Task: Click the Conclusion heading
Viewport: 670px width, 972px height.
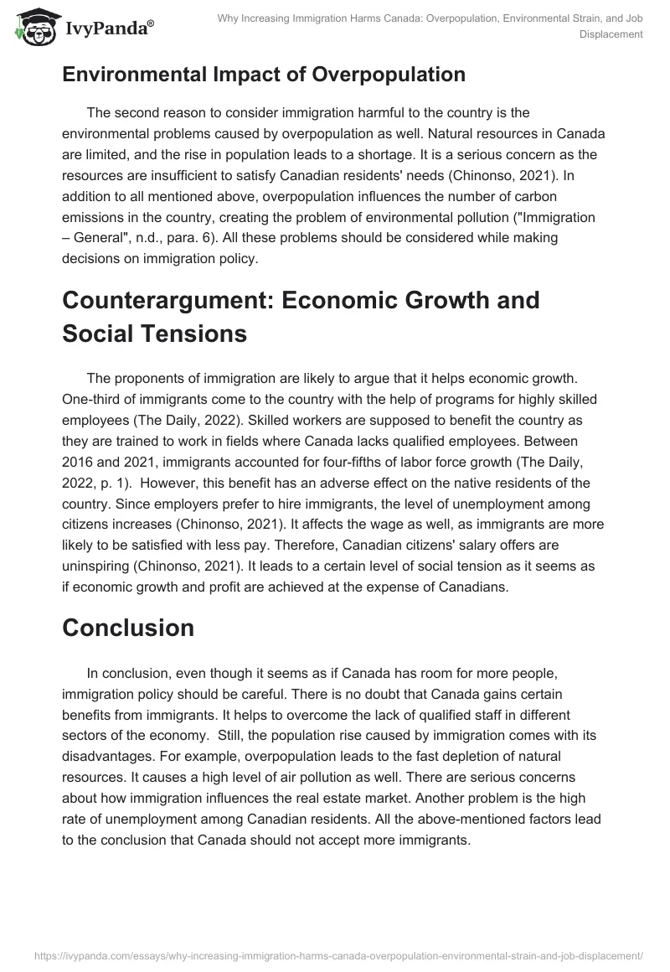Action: pos(128,628)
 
